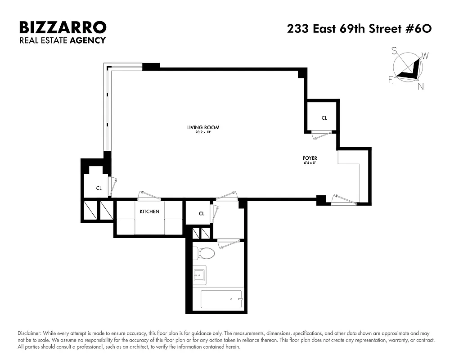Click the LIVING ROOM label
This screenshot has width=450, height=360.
tap(203, 127)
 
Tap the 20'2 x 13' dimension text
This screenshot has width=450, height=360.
tap(203, 132)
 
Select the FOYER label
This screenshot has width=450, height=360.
tap(310, 158)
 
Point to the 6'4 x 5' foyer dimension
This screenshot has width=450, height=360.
tap(310, 163)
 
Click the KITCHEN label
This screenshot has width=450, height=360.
tap(149, 211)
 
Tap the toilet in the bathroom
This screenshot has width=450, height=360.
tap(204, 253)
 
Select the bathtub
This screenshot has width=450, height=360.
tap(221, 298)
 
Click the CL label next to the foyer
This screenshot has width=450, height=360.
tap(324, 118)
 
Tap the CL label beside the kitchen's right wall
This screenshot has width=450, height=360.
tap(202, 214)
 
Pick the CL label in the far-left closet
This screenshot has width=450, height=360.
tap(99, 189)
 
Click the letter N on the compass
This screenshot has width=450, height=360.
tap(421, 87)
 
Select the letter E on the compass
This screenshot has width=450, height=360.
tap(391, 81)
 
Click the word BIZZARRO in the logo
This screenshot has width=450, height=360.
tap(63, 27)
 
